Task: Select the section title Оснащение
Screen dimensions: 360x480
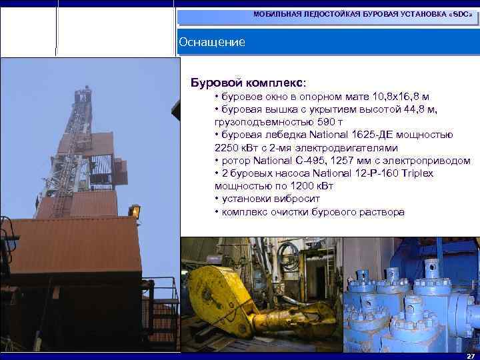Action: coord(212,42)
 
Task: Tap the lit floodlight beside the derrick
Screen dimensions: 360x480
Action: coord(135,211)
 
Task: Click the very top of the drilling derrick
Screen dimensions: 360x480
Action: coord(85,88)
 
